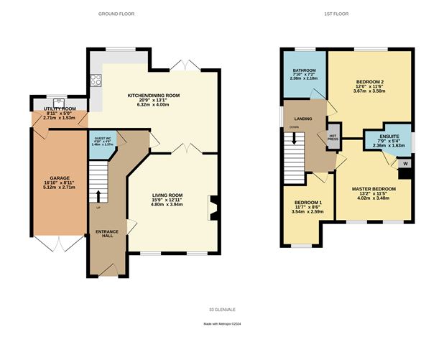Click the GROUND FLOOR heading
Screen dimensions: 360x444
116,14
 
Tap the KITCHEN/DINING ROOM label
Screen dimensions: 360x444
153,95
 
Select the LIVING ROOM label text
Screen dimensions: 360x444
167,195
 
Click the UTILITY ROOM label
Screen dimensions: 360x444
60,109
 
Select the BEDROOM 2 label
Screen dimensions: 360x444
369,82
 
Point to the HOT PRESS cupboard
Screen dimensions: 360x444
333,137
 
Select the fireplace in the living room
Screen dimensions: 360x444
211,207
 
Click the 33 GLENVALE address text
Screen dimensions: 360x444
222,309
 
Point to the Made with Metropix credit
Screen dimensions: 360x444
222,325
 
